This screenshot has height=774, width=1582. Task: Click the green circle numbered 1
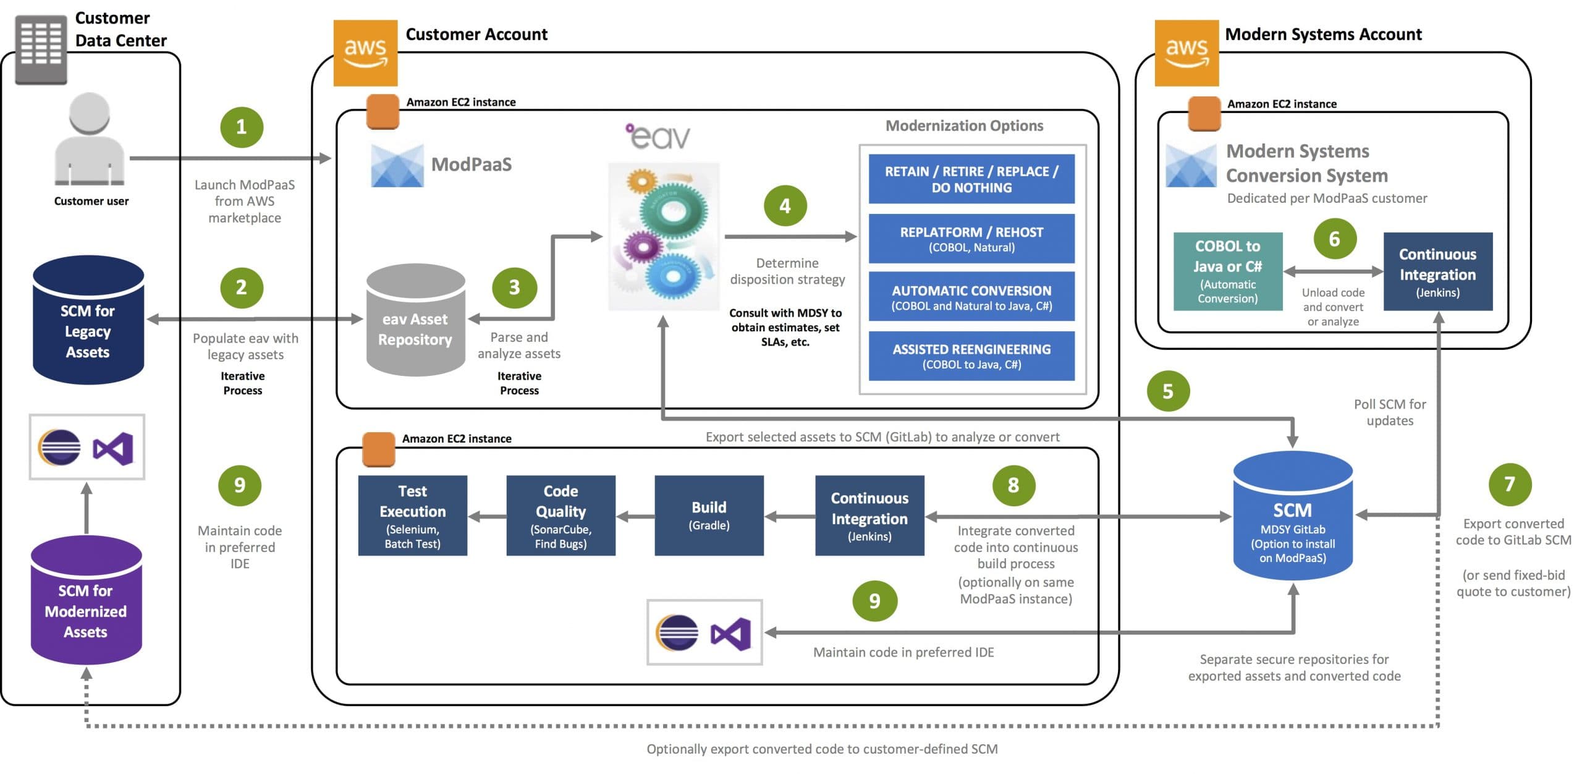242,127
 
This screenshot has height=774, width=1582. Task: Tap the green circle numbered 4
785,206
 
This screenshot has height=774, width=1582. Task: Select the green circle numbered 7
1509,484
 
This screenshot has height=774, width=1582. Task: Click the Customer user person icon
90,140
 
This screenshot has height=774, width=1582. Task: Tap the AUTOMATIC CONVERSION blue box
971,297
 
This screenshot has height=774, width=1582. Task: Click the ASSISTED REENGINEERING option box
971,356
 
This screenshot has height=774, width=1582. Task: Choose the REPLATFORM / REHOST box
971,239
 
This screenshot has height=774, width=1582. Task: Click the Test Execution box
412,516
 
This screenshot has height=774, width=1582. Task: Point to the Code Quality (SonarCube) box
560,516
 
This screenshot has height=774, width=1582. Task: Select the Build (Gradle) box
709,516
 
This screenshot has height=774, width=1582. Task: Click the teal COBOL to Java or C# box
1227,271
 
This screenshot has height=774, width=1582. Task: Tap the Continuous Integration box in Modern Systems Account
1437,271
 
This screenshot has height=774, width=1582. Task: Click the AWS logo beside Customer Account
365,53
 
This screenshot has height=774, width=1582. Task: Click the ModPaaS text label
471,164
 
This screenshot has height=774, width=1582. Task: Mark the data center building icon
41,48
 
